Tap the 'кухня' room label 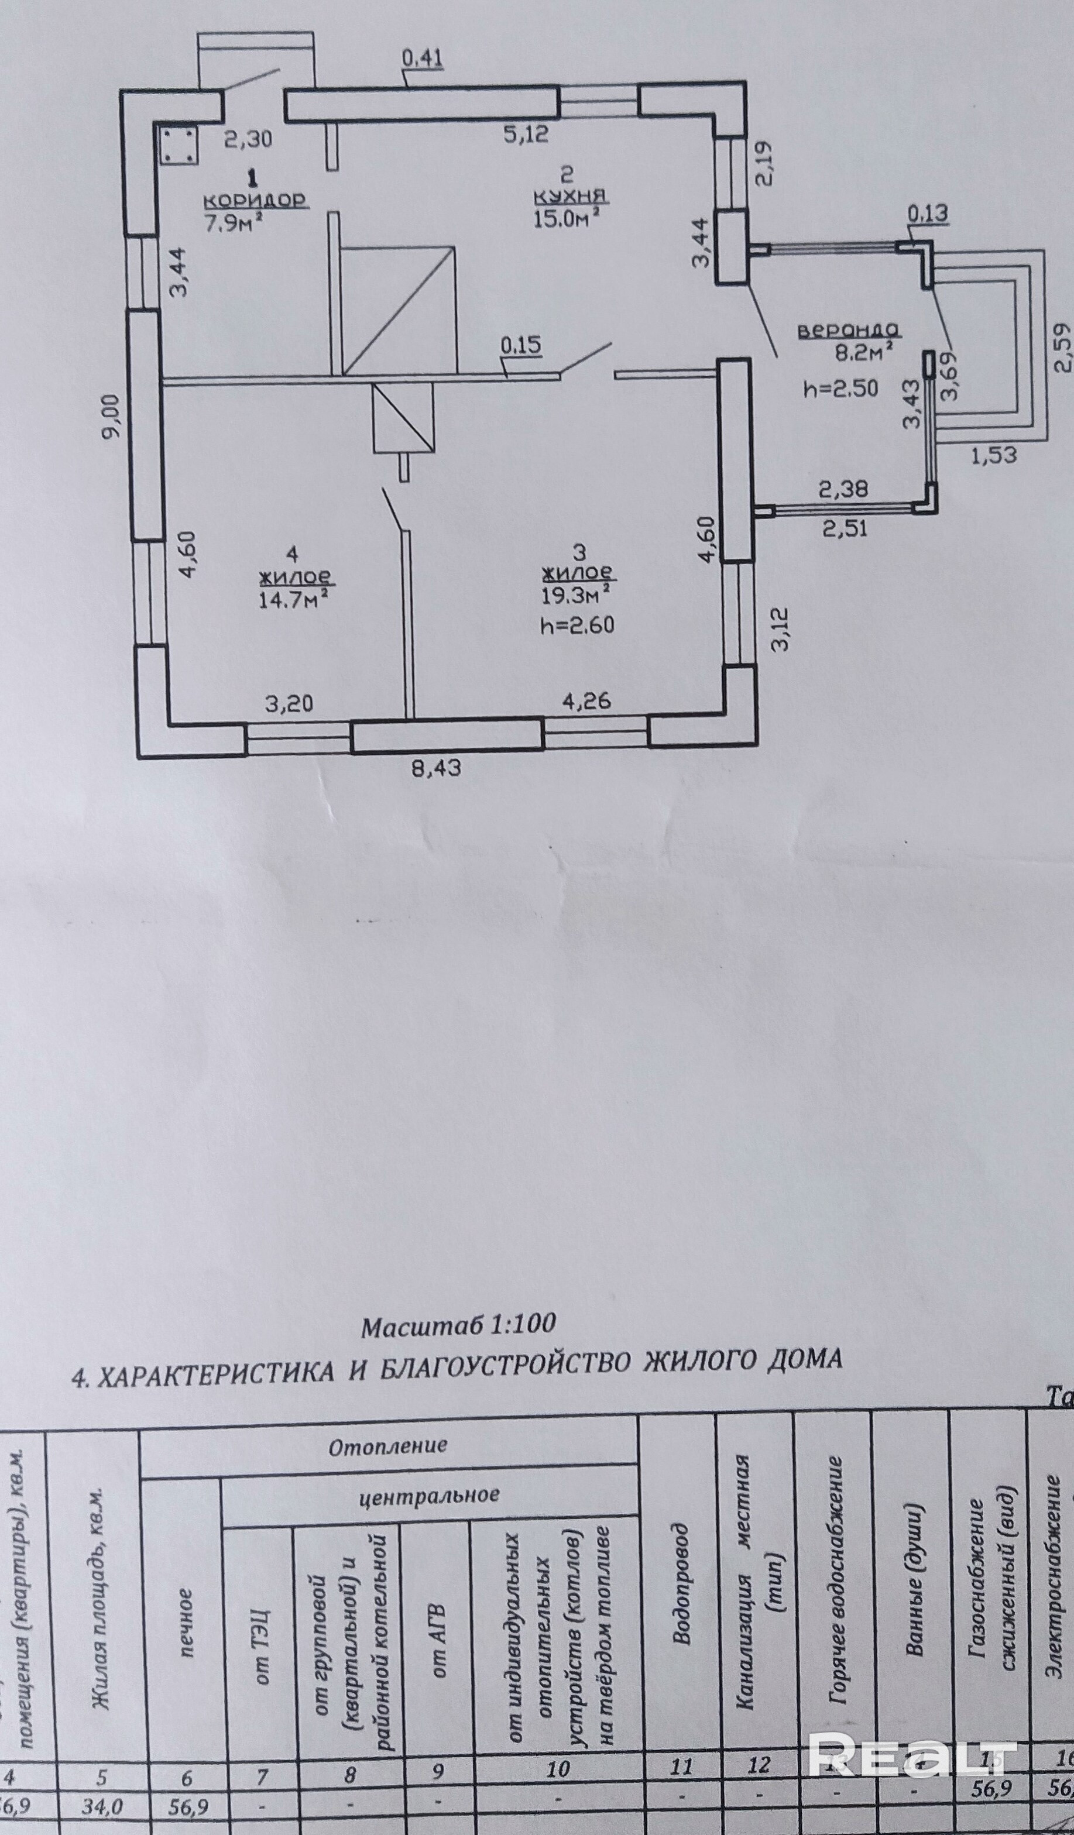point(570,197)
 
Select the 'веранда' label point(849,330)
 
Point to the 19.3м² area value point(575,595)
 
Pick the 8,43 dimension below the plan point(436,768)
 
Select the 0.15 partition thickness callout point(521,345)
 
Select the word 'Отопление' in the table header point(387,1445)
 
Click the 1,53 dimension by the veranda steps point(994,456)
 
